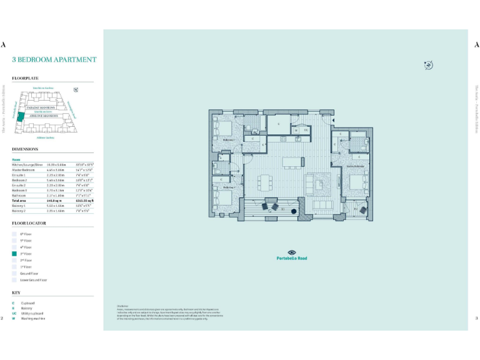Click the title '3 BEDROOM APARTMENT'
click(54, 60)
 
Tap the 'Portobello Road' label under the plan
click(292, 258)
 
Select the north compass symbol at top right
click(428, 65)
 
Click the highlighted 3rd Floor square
click(15, 254)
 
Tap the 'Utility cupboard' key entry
click(31, 313)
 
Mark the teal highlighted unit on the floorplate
click(21, 116)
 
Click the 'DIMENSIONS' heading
click(25, 149)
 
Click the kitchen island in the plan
click(292, 162)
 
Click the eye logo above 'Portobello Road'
click(292, 251)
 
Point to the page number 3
click(476, 318)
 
